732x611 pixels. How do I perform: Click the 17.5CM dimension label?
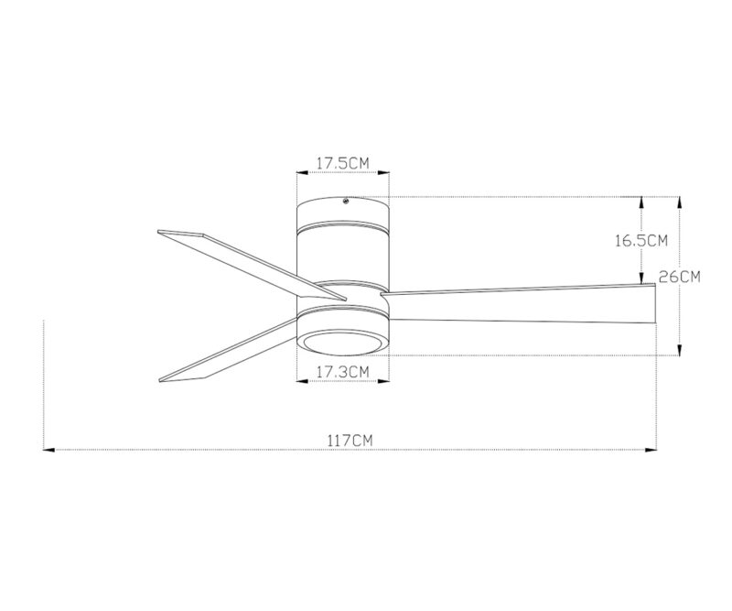pos(342,163)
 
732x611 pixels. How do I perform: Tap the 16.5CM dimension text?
pos(640,241)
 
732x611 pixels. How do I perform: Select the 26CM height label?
pos(680,277)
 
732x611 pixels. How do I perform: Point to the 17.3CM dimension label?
pos(342,371)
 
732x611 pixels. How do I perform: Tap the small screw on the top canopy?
pos(347,203)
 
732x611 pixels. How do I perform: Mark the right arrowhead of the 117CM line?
pos(651,450)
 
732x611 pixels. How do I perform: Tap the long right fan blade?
pos(522,304)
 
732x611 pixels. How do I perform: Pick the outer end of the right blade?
pos(653,305)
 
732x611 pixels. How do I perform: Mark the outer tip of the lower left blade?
pos(163,376)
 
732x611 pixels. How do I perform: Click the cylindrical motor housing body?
pos(343,252)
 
